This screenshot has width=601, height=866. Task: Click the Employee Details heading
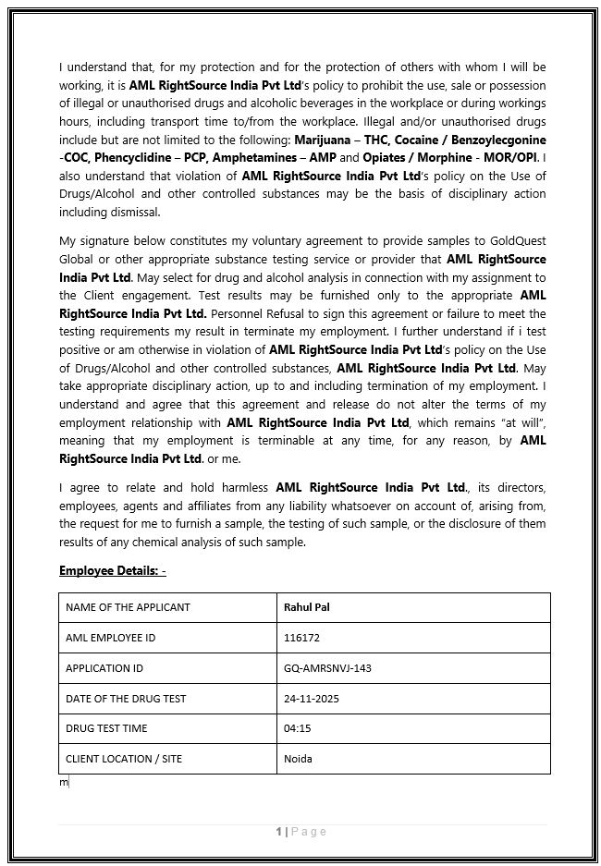[113, 570]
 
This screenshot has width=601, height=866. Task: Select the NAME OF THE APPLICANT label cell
[128, 607]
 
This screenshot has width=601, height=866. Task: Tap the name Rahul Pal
[307, 607]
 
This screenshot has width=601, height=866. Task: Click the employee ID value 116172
[301, 638]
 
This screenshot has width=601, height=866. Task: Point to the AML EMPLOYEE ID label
[110, 638]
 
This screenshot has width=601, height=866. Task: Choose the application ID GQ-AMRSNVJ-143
[327, 668]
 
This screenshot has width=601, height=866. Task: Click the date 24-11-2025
[312, 699]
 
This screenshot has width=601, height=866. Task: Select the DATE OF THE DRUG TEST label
[126, 699]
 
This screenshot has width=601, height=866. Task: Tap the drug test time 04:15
[297, 728]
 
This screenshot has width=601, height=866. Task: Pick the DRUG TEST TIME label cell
[106, 728]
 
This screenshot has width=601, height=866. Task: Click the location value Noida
[298, 759]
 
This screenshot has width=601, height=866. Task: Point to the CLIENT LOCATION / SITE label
[124, 759]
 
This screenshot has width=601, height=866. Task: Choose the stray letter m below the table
[65, 783]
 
